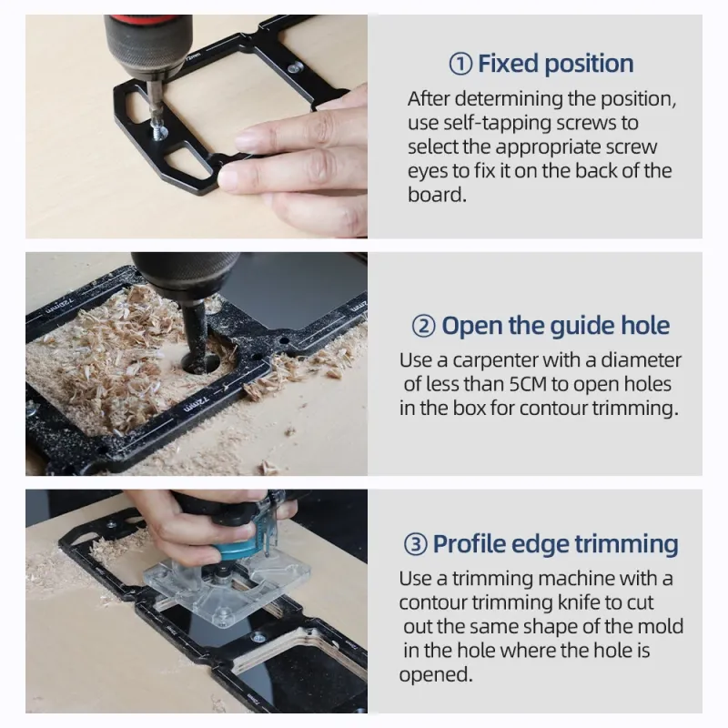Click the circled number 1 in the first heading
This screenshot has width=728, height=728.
(x=460, y=64)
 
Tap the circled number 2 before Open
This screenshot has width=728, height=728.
(x=423, y=327)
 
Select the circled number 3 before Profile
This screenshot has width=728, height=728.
(x=415, y=544)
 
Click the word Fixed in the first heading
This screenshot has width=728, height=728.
(x=508, y=64)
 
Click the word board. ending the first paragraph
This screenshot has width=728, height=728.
(x=437, y=195)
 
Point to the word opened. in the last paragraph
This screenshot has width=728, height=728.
(x=436, y=675)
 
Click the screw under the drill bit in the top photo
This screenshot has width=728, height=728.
(x=159, y=131)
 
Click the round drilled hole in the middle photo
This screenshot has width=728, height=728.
(x=202, y=362)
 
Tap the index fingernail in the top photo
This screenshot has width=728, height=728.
(x=248, y=139)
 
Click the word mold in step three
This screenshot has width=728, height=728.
(x=662, y=627)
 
